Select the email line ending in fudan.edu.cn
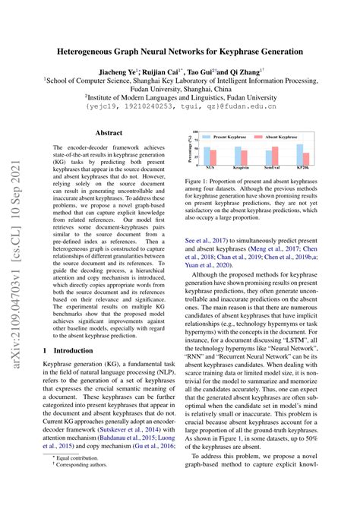coord(179,107)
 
